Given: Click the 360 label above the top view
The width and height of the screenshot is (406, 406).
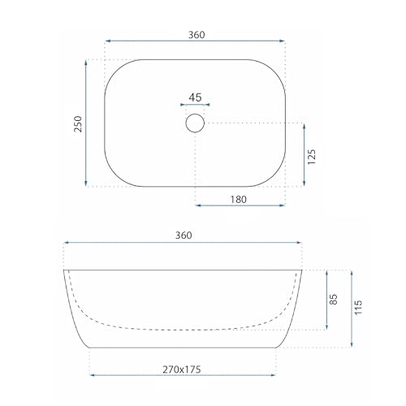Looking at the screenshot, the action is point(197,35).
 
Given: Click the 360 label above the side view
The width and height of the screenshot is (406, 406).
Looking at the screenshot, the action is point(184,235).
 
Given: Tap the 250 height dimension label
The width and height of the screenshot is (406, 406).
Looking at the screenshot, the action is point(78,123).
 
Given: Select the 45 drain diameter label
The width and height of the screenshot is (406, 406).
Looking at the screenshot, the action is point(195,97).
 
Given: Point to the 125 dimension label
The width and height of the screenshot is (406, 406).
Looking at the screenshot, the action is point(312,157).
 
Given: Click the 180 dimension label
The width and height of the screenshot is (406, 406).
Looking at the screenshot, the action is point(239,200).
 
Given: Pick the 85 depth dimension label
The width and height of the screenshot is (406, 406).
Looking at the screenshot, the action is point(334,300).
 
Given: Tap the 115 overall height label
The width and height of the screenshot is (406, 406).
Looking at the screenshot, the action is point(358,307).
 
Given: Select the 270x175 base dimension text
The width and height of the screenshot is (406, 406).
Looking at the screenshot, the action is point(182,369).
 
